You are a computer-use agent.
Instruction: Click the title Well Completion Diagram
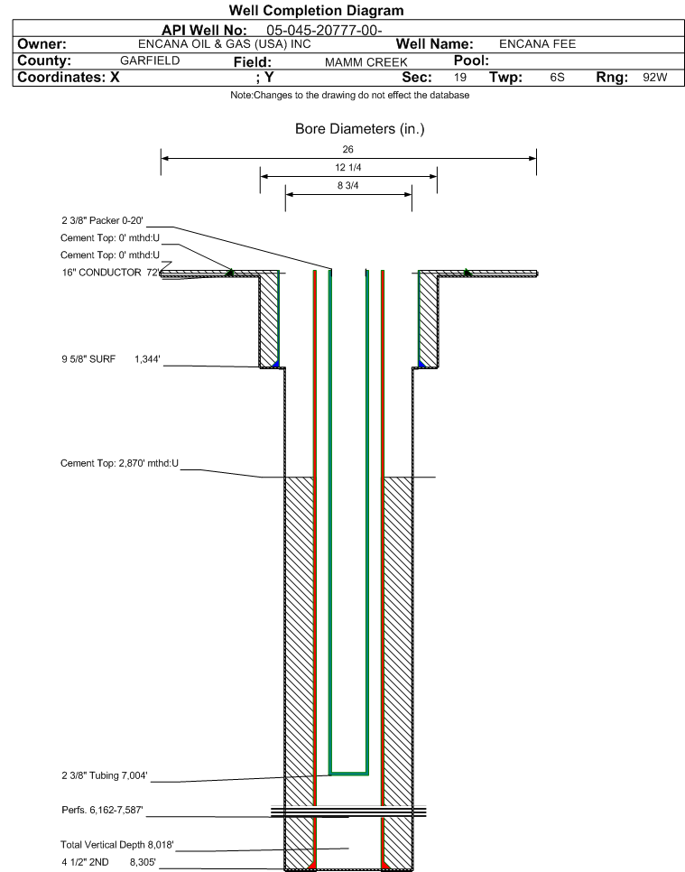(316, 11)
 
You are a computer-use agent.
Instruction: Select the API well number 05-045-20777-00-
(325, 30)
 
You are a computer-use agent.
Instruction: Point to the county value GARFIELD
(150, 60)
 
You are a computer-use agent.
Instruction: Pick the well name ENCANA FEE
(537, 43)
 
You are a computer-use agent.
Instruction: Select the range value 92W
(654, 78)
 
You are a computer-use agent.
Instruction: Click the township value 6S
(557, 78)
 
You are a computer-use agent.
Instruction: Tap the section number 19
(460, 78)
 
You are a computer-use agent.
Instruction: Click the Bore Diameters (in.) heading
(359, 129)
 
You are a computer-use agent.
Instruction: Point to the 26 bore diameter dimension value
(348, 149)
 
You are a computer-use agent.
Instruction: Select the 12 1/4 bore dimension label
(348, 168)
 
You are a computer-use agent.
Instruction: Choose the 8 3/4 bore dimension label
(348, 185)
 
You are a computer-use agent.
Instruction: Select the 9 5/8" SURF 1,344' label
(110, 359)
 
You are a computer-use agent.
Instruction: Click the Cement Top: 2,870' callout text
(119, 464)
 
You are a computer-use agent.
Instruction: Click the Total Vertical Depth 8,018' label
(116, 845)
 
